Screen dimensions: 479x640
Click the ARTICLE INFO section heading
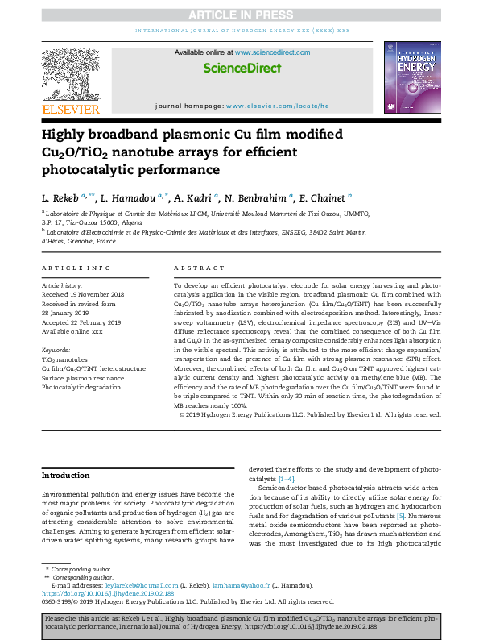tap(76, 267)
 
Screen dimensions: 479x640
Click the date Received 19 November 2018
tap(82, 294)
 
